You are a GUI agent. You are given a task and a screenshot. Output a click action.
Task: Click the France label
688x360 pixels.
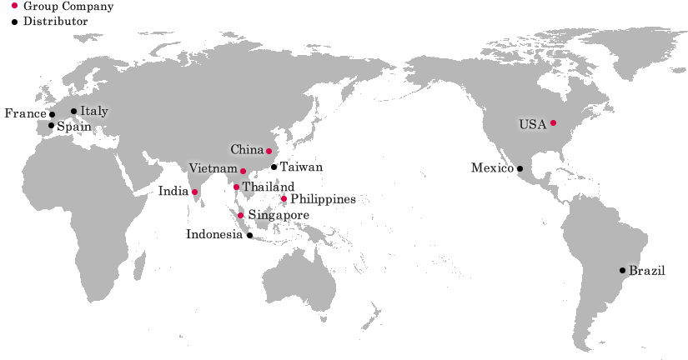25,112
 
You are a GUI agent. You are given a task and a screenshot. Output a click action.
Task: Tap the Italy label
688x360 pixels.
94,111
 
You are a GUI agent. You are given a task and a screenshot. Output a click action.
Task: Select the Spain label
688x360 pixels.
73,127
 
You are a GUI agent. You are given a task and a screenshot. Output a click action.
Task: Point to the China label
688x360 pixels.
247,150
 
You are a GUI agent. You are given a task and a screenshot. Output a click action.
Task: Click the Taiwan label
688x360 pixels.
300,167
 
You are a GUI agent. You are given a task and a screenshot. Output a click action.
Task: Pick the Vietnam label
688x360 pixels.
213,169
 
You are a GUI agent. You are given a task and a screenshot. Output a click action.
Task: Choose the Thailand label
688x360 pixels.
268,187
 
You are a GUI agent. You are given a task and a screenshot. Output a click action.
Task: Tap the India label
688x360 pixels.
173,191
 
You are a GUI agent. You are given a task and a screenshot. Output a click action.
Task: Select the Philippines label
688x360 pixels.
324,199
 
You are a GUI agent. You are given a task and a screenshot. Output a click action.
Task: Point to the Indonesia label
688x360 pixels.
214,234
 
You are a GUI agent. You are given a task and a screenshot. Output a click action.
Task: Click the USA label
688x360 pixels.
532,124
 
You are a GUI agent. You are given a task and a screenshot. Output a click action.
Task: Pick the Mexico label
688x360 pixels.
491,168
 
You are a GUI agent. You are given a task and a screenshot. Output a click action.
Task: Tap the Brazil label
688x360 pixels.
647,271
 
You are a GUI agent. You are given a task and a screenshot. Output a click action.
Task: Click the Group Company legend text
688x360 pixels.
68,6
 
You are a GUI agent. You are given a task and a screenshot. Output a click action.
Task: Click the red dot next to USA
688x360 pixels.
553,123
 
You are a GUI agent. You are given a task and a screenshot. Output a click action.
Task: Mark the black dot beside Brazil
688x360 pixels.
622,270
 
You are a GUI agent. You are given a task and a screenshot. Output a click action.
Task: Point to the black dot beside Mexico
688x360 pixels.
520,168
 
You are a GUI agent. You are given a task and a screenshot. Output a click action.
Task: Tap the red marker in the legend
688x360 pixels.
14,5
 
